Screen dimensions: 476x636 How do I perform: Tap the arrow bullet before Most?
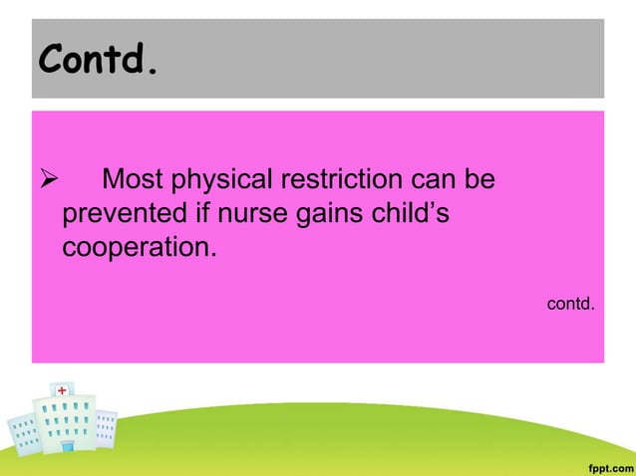click(x=45, y=180)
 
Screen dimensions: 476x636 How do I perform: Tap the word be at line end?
click(x=483, y=180)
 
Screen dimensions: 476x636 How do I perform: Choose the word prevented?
click(x=122, y=213)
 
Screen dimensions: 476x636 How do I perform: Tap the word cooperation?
click(x=138, y=246)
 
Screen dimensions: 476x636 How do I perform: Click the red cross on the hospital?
click(x=63, y=389)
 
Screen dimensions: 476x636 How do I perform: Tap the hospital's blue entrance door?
click(x=67, y=446)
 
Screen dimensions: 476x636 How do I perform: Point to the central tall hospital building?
click(x=64, y=418)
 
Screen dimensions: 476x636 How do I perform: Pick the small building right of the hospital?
click(x=106, y=428)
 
